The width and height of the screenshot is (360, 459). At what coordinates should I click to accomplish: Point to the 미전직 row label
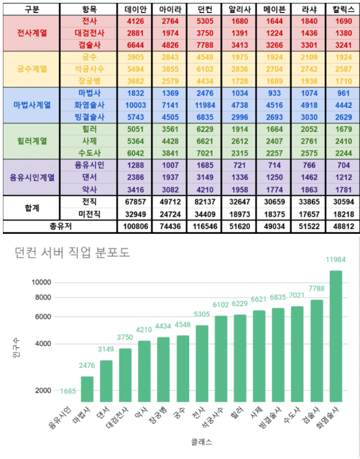coord(89,214)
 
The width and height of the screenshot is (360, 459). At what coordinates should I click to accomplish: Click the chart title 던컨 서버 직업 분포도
coord(72,254)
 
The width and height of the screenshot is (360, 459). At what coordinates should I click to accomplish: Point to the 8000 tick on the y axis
coord(42,297)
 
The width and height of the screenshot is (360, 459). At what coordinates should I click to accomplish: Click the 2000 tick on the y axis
coord(42,391)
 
